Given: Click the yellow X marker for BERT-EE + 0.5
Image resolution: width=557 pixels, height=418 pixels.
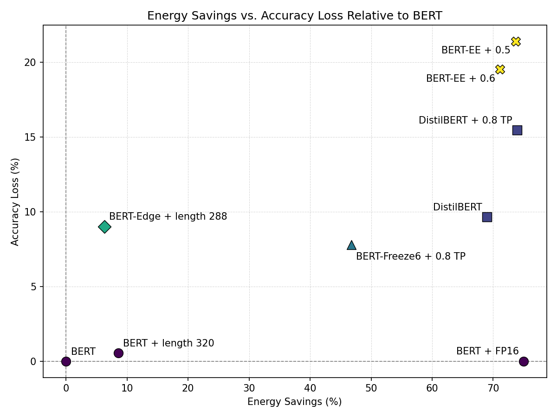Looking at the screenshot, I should (x=516, y=41).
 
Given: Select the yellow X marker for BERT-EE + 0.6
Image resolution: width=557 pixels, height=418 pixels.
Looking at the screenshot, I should (x=500, y=69).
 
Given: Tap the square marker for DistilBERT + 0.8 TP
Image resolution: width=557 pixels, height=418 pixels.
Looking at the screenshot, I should (x=517, y=130).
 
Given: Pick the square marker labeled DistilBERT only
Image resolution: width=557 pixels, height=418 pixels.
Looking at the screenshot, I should (x=487, y=217).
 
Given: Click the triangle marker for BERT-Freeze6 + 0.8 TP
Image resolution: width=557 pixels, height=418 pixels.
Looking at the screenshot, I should (x=351, y=245).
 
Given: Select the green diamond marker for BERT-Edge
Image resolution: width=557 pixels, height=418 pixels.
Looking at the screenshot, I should (x=104, y=227).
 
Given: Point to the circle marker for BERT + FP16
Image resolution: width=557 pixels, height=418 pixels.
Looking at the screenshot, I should (x=524, y=361).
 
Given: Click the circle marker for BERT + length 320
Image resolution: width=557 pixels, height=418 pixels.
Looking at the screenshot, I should (x=118, y=353).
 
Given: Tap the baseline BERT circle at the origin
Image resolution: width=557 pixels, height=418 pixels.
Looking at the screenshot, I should (x=66, y=361).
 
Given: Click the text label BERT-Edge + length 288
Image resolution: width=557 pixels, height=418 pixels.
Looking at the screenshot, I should (x=168, y=216).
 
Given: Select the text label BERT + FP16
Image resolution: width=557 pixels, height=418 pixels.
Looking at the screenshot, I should (x=487, y=351).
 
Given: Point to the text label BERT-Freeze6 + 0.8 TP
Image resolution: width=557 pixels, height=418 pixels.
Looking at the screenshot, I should (x=410, y=256).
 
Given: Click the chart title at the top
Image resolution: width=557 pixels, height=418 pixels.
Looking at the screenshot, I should (x=295, y=16).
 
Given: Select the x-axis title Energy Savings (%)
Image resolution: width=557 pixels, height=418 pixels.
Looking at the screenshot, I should (x=294, y=402).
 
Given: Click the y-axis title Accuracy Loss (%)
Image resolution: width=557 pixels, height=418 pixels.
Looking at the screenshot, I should (x=15, y=202).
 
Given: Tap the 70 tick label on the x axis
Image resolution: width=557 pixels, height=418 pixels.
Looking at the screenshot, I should (x=493, y=388).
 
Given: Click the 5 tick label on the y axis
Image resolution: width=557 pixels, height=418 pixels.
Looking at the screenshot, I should (x=33, y=287).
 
